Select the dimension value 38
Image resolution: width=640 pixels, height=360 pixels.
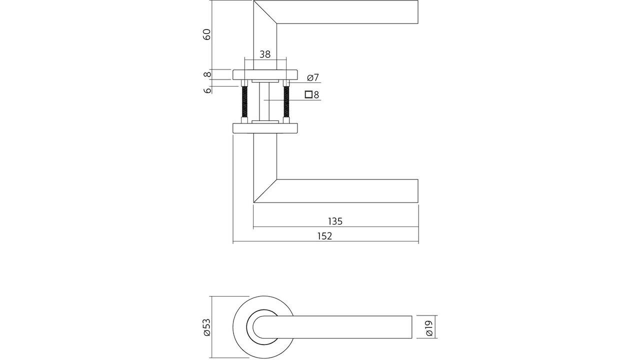pos(265,54)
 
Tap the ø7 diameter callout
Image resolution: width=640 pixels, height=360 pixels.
pos(312,77)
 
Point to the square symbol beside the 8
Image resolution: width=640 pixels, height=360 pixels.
pos(308,94)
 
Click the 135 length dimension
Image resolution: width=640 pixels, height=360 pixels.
pos(334,221)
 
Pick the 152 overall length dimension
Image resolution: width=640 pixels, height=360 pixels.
pos(324,236)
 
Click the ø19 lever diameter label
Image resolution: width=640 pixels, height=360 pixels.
pos(428,327)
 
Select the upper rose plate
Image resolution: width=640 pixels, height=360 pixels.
pos(265,74)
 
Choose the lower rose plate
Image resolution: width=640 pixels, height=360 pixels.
pos(265,128)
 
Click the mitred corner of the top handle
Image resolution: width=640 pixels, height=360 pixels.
pos(265,12)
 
